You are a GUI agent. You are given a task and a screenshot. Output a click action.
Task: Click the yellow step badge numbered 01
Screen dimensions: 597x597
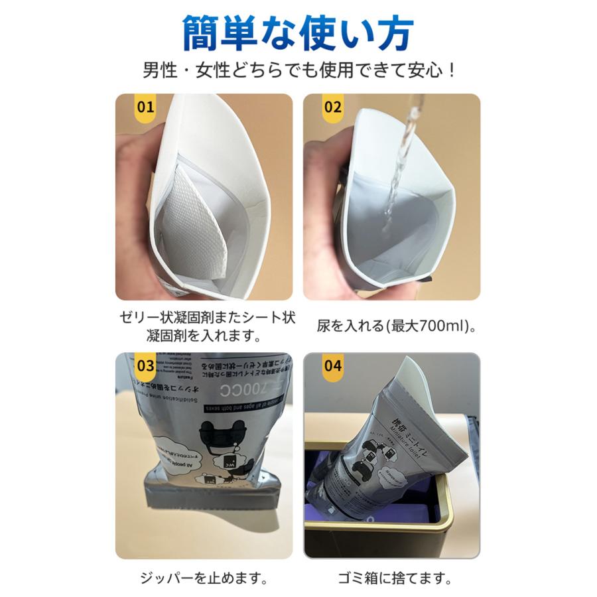tap(145, 107)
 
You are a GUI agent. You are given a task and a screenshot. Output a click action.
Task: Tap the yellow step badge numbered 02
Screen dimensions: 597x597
tap(333, 107)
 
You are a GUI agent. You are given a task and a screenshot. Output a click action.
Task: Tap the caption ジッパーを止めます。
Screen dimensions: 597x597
tap(204, 579)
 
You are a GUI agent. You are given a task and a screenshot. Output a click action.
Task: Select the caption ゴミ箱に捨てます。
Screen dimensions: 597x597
tap(392, 579)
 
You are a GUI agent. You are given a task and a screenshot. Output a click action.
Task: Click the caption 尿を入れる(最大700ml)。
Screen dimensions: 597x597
tap(391, 326)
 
